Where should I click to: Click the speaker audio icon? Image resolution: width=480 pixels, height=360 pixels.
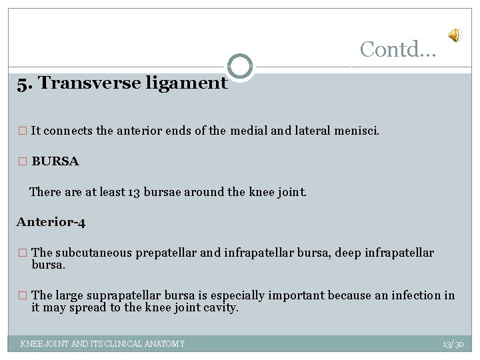(454, 36)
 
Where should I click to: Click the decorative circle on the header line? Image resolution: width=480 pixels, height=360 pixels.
(240, 67)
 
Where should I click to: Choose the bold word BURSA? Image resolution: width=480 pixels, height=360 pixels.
(55, 161)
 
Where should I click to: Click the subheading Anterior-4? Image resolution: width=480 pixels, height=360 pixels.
(51, 222)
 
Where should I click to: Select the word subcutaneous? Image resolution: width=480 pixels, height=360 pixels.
(96, 253)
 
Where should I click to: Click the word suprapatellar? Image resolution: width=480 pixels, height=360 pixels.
(133, 295)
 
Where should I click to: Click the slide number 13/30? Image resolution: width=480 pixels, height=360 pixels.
(453, 344)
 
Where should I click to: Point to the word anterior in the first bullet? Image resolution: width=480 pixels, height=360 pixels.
(141, 131)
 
